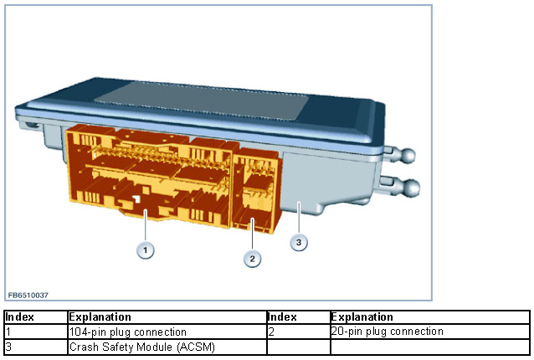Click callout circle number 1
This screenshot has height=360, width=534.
146,249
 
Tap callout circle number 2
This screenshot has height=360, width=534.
252,258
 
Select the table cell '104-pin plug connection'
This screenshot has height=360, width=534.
127,332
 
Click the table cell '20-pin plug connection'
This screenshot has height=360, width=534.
387,332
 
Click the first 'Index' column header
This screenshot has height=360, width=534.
20,317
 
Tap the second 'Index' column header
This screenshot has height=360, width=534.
283,317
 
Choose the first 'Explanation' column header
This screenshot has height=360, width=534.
100,317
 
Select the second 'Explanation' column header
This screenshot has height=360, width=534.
362,317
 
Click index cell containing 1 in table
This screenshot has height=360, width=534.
8,332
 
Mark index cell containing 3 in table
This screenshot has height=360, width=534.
8,346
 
